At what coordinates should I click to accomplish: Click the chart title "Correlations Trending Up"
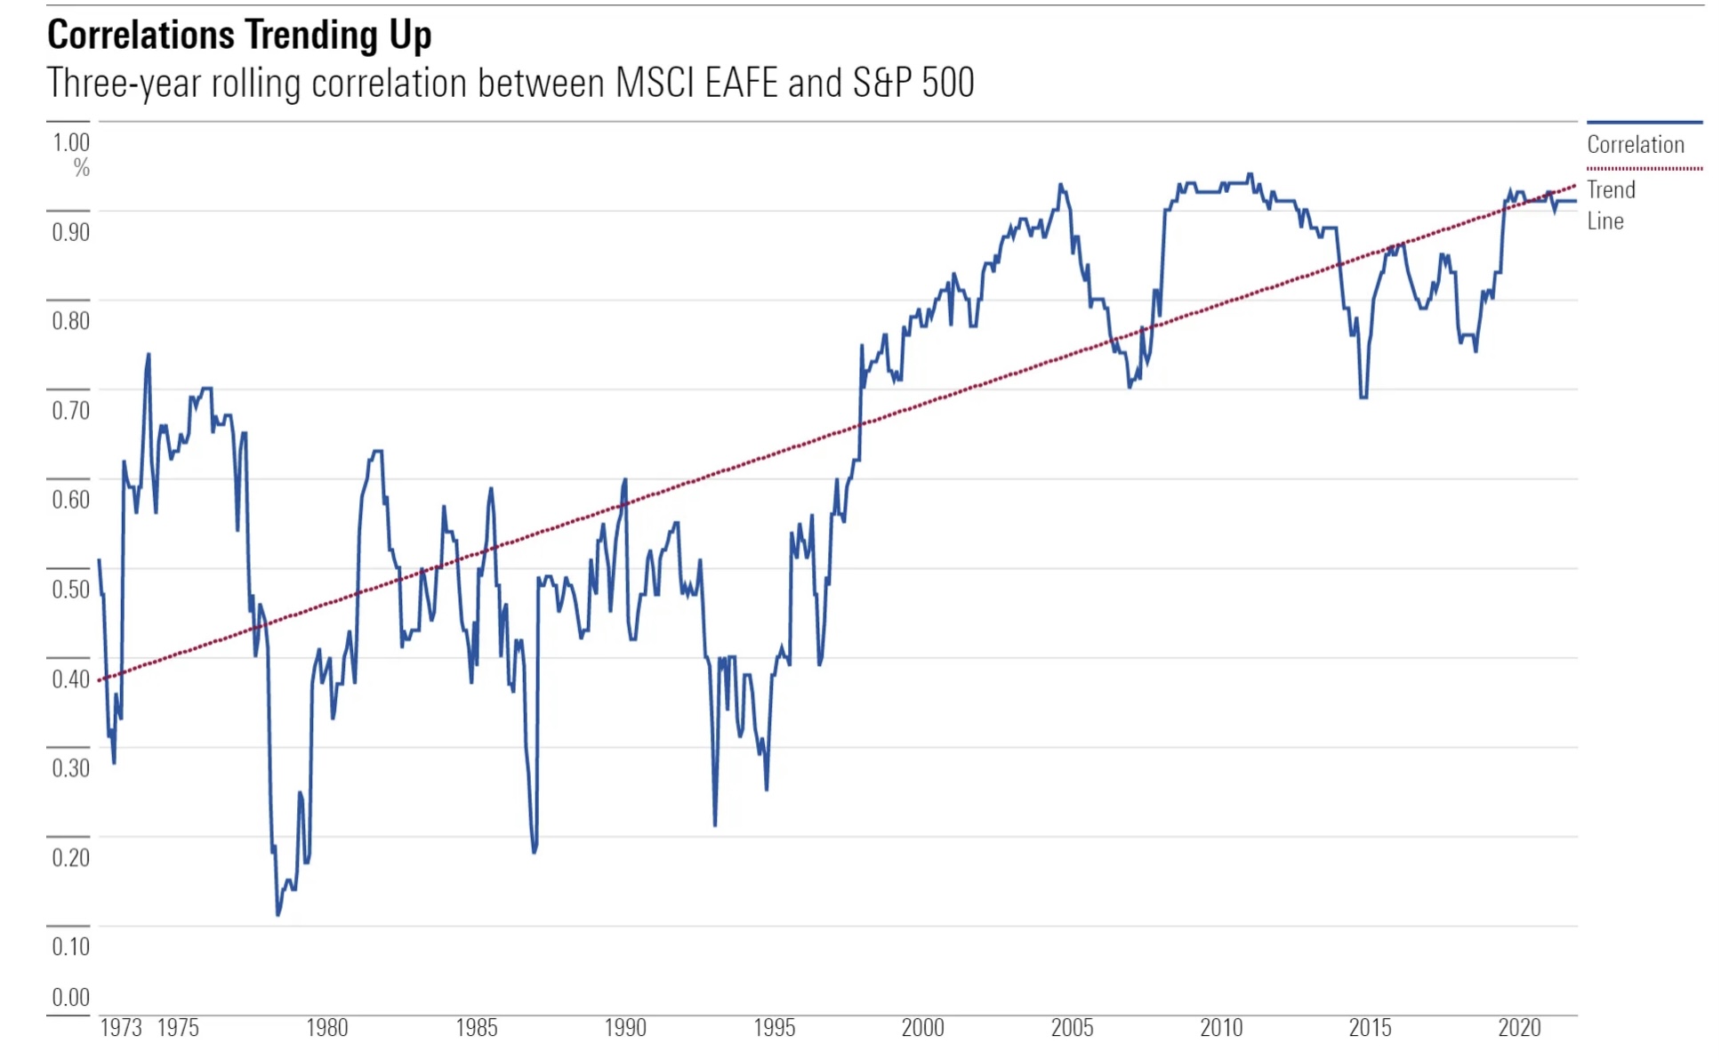pos(239,36)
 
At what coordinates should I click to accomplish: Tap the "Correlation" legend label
pos(1635,145)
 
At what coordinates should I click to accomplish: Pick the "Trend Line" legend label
pos(1611,205)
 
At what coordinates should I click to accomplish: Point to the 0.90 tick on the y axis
pos(71,233)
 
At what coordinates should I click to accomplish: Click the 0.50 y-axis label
pos(71,590)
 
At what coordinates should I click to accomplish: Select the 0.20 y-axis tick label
pos(71,858)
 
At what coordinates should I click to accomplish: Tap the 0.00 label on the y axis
pos(71,998)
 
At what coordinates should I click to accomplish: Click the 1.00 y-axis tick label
pos(71,143)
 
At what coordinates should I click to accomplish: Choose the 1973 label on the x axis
pos(121,1029)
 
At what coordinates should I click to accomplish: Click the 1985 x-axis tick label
pos(477,1029)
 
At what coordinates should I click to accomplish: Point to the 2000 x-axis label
pos(923,1029)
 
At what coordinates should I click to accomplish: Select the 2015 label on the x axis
pos(1370,1029)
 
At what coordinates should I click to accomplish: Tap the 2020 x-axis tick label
pos(1519,1029)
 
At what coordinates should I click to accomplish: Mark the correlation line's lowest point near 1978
pos(277,914)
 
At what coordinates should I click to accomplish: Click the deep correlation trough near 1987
pos(535,852)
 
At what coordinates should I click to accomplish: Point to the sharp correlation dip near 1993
pos(715,825)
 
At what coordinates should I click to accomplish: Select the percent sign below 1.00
pos(82,168)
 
